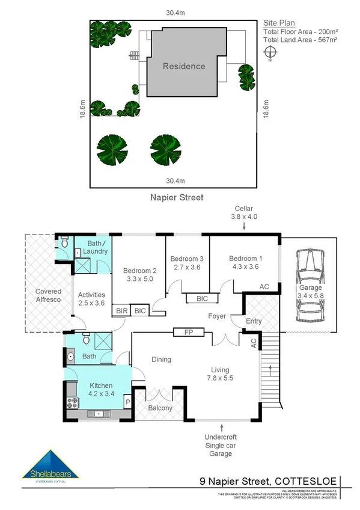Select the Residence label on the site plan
(184, 66)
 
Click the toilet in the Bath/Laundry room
(64, 244)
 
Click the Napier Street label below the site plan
(176, 197)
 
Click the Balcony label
(160, 408)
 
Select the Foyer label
(217, 315)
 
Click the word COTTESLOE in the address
(307, 481)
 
